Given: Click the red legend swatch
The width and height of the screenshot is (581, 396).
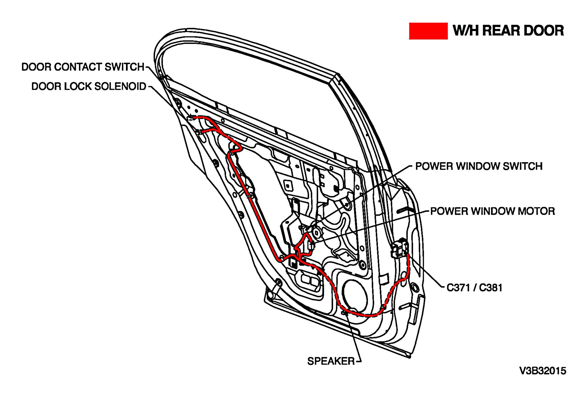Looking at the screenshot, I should pyautogui.click(x=428, y=31).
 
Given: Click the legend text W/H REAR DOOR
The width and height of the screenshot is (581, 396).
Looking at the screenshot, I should pyautogui.click(x=508, y=31).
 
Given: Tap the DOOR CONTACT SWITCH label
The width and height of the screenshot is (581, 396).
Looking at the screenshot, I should pyautogui.click(x=83, y=67).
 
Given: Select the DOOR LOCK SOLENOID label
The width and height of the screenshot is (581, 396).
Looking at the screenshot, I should pyautogui.click(x=89, y=86).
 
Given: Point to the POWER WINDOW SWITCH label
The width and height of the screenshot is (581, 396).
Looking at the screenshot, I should pyautogui.click(x=479, y=166).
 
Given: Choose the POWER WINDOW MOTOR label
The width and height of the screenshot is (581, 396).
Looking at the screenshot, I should pyautogui.click(x=492, y=211).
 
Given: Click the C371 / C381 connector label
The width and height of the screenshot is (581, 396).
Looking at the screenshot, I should pyautogui.click(x=474, y=288).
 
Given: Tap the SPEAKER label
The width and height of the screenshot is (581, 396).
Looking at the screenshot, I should pyautogui.click(x=331, y=361).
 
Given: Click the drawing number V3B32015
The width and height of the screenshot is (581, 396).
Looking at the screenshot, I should pyautogui.click(x=543, y=371).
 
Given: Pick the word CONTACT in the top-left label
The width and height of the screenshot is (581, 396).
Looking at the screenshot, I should pyautogui.click(x=79, y=67).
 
